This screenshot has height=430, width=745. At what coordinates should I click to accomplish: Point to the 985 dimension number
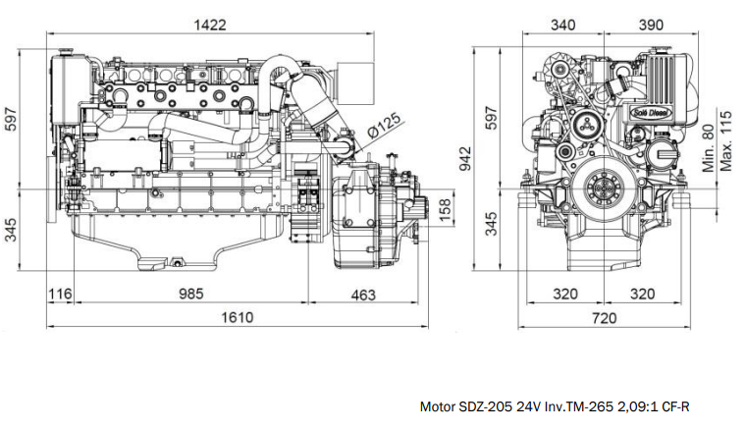coord(191,293)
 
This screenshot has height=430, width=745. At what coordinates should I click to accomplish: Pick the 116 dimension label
coord(61,293)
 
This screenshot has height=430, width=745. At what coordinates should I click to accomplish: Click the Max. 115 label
coord(727,137)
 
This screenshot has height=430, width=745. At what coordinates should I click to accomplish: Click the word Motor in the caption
coord(438,406)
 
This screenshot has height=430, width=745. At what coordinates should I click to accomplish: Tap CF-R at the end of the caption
coord(676,406)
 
